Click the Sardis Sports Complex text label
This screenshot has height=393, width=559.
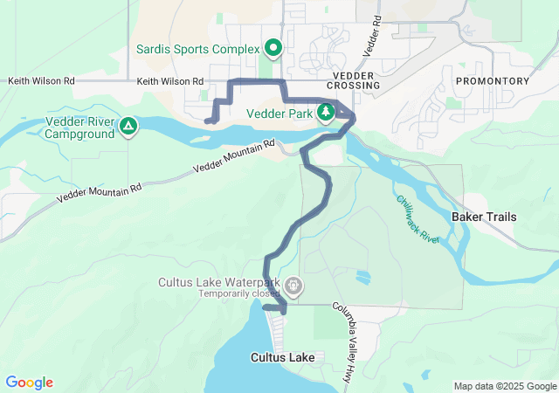click(198, 48)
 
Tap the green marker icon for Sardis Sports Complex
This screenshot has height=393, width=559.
click(273, 47)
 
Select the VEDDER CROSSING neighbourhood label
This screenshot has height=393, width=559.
click(354, 80)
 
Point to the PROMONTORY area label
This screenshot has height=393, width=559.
click(492, 80)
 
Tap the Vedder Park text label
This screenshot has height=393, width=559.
click(279, 113)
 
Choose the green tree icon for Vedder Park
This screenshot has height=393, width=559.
click(326, 112)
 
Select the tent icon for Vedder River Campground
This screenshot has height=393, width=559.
click(128, 128)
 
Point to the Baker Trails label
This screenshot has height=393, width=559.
click(484, 216)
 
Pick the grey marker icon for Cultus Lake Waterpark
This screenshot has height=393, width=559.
click(294, 285)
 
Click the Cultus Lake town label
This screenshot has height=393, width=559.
click(281, 357)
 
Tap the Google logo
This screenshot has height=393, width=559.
click(29, 383)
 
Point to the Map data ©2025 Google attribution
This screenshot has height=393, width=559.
click(505, 386)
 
